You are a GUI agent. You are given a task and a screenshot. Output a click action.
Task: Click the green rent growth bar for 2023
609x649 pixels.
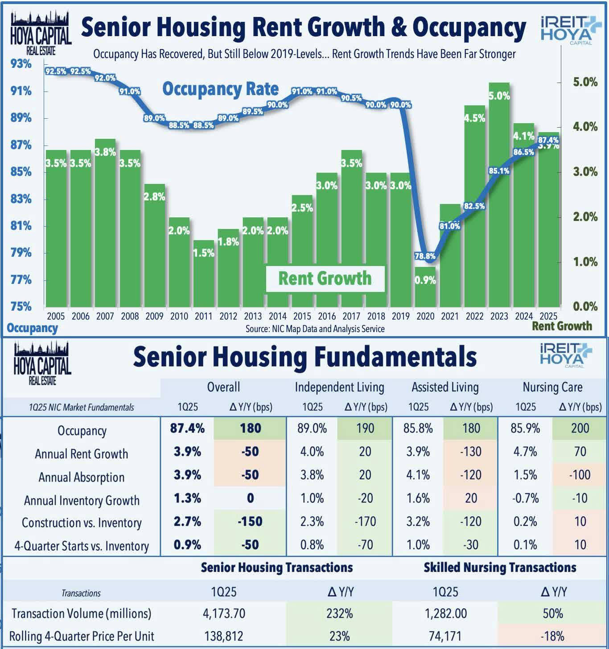(x=499, y=201)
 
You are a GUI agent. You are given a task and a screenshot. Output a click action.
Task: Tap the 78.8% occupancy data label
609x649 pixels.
(x=425, y=256)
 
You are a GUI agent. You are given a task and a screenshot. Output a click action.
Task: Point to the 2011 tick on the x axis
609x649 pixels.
(x=203, y=316)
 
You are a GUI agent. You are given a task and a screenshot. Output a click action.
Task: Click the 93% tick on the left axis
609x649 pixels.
(x=21, y=64)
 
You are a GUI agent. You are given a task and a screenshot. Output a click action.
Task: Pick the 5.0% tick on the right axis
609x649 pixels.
(x=584, y=82)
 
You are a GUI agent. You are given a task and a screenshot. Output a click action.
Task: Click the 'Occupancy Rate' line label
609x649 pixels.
(x=220, y=89)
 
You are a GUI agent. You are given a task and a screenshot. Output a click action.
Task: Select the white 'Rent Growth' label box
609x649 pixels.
(x=325, y=279)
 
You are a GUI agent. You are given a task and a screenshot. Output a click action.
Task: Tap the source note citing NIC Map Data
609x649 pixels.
(x=315, y=329)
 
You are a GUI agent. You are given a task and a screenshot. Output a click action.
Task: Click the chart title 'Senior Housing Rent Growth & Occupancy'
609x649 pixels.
(x=303, y=27)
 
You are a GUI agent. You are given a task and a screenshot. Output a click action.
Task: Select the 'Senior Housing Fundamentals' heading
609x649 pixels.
(x=304, y=357)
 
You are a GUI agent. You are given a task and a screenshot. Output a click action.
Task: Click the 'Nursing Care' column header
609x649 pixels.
(x=552, y=387)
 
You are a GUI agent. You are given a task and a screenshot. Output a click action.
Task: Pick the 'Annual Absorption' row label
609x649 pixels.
(x=82, y=477)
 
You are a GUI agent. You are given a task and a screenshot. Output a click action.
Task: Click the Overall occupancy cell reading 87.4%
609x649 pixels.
(x=187, y=429)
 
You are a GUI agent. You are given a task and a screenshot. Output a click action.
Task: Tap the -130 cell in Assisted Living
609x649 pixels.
(x=471, y=452)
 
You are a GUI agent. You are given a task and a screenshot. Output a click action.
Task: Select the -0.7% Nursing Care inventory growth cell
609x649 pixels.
(x=525, y=498)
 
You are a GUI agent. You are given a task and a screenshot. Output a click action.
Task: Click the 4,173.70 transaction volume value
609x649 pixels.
(x=224, y=613)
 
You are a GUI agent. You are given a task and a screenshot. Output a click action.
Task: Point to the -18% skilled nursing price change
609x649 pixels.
(x=553, y=636)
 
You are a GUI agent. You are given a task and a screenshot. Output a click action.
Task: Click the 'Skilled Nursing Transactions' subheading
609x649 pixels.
(x=499, y=567)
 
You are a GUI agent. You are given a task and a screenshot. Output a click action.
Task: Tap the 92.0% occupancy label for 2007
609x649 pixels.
(x=105, y=78)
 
